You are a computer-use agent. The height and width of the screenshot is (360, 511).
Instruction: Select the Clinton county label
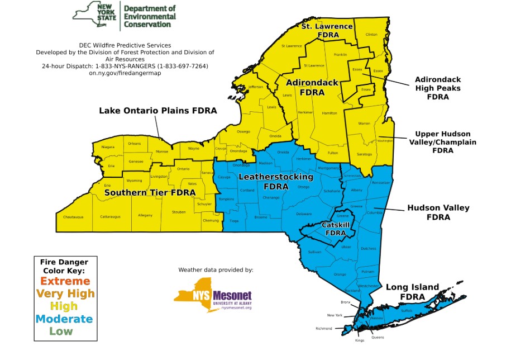(371, 34)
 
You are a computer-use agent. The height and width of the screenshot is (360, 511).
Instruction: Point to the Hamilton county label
(329, 113)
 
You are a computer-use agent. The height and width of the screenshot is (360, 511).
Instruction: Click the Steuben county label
(179, 212)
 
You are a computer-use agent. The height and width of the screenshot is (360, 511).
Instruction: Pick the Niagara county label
(108, 147)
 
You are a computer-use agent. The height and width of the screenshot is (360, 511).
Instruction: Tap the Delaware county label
(304, 214)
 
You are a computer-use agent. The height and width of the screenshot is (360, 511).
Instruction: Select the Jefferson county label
(255, 87)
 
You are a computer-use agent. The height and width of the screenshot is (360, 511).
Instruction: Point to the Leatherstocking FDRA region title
(275, 181)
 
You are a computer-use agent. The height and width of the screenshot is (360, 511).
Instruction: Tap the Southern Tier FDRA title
(150, 193)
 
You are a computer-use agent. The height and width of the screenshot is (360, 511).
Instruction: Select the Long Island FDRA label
(412, 292)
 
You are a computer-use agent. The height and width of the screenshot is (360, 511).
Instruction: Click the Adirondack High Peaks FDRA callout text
(438, 88)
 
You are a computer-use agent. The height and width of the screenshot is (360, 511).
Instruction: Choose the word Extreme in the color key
(65, 281)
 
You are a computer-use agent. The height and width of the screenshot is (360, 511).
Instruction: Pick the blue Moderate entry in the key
(65, 319)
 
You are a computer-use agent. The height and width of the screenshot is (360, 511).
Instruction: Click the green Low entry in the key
(61, 331)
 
